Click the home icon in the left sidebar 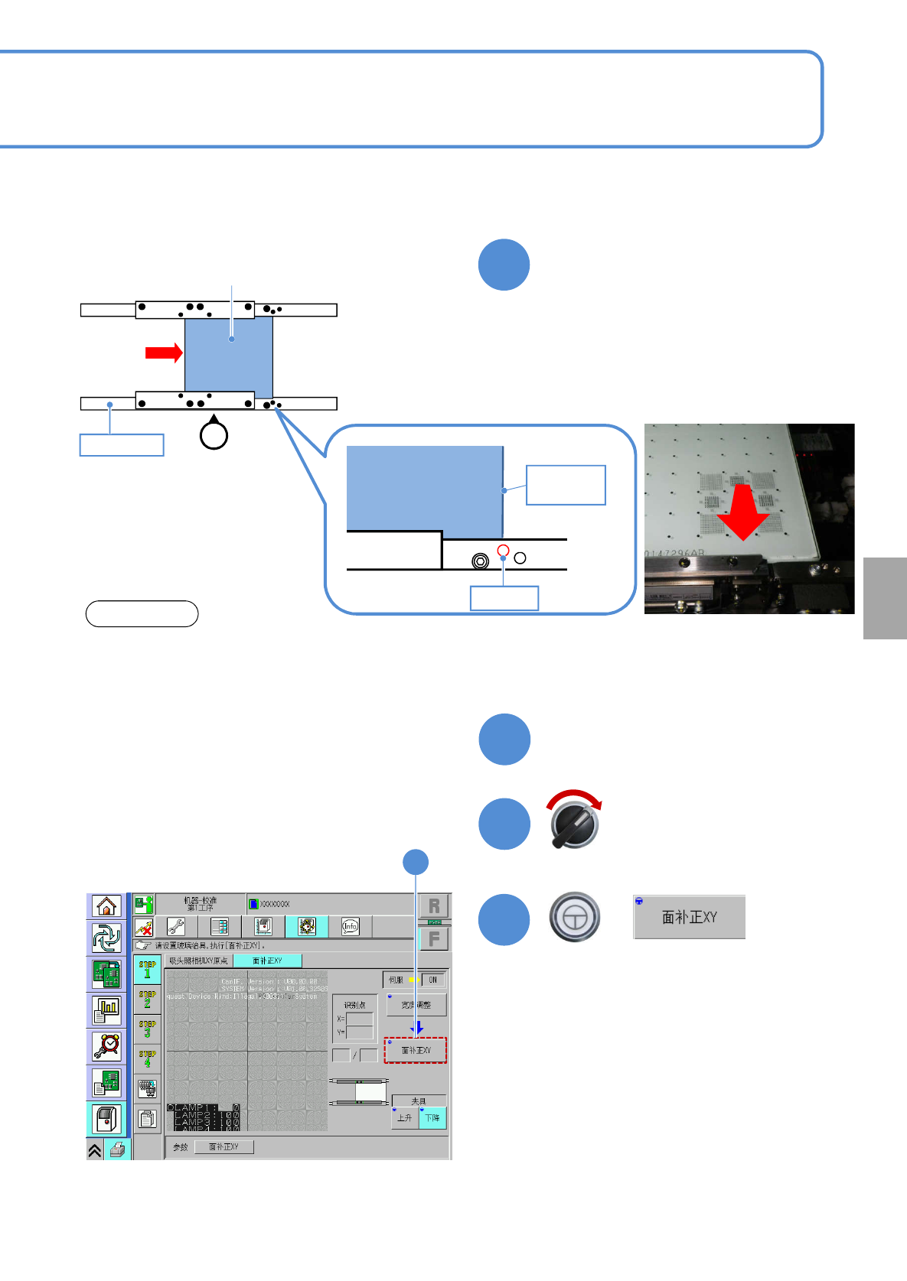coord(106,906)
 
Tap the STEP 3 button coord(147,1029)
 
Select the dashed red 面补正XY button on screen coord(415,1050)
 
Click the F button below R coord(434,938)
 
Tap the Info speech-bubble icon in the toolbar coord(350,927)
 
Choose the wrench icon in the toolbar coord(176,927)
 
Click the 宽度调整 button coord(416,1005)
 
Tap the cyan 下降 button coord(432,1118)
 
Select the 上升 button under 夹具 coord(405,1118)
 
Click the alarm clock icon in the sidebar coord(106,1045)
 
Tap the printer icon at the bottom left coord(117,1149)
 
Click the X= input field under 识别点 coord(360,1019)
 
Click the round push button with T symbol coord(574,917)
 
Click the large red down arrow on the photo coord(742,512)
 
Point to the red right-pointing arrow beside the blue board coord(164,353)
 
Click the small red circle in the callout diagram coord(503,551)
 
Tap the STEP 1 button coord(147,969)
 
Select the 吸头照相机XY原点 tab coord(198,961)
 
